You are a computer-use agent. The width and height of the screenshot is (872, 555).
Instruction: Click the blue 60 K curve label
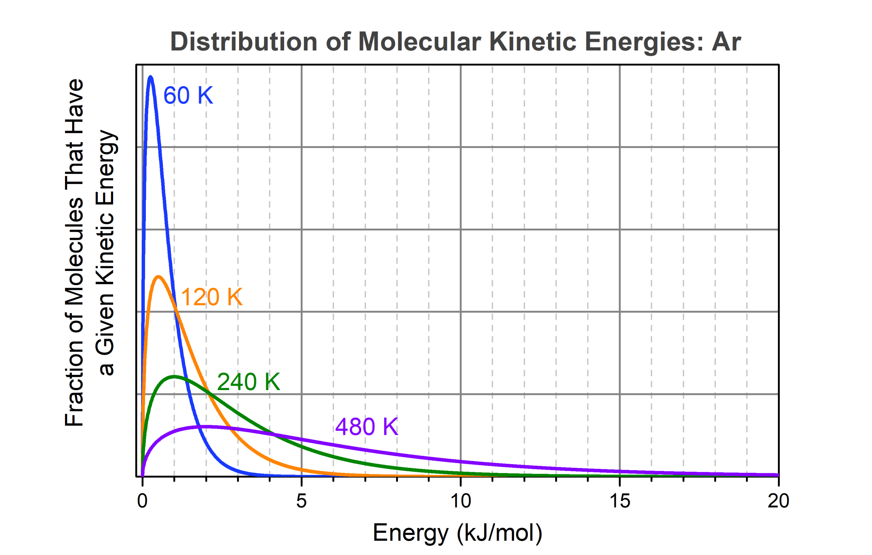pos(188,96)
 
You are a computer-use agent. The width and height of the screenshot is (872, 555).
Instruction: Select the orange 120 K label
pos(211,297)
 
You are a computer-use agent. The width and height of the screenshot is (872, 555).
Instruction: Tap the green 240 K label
pos(248,382)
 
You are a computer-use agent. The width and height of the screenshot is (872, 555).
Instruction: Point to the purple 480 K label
pos(367,427)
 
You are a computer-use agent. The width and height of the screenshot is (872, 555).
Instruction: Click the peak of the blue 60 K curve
pos(150,77)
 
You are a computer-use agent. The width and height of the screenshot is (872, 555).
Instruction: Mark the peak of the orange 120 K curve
pos(158,277)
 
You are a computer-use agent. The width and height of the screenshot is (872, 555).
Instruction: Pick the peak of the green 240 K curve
pos(174,377)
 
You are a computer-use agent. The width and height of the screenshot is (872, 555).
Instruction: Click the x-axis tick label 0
pos(142,501)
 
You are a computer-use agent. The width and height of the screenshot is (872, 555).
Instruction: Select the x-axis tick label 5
pos(301,501)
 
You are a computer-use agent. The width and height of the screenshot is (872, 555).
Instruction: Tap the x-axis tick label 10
pos(460,501)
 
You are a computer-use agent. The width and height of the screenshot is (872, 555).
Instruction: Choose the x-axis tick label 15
pos(620,501)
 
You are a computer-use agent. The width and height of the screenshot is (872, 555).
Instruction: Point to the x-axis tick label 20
pos(778,501)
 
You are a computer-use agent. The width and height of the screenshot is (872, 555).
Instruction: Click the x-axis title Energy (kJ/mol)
pos(457,533)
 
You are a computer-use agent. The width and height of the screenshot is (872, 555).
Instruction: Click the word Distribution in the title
pos(244,42)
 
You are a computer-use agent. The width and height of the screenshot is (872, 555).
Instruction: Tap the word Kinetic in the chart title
pos(532,42)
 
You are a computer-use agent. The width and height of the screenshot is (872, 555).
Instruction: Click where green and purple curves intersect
pos(275,434)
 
